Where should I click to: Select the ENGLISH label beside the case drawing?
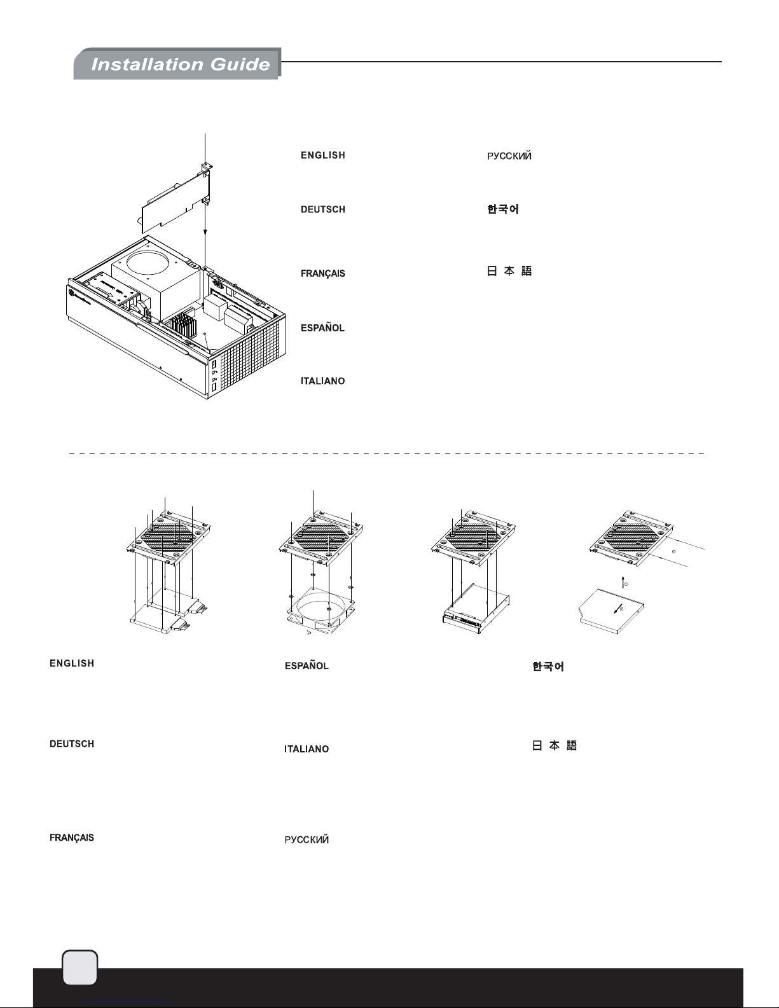pyautogui.click(x=323, y=155)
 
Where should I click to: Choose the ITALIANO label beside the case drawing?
pyautogui.click(x=323, y=381)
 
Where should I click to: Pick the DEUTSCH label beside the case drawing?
pyautogui.click(x=323, y=209)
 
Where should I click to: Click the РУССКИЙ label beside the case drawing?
pyautogui.click(x=509, y=156)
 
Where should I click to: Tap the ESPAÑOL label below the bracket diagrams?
pyautogui.click(x=307, y=666)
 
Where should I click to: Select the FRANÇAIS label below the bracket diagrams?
pyautogui.click(x=72, y=838)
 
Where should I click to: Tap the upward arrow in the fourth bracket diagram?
pyautogui.click(x=623, y=581)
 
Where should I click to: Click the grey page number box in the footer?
pyautogui.click(x=80, y=967)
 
